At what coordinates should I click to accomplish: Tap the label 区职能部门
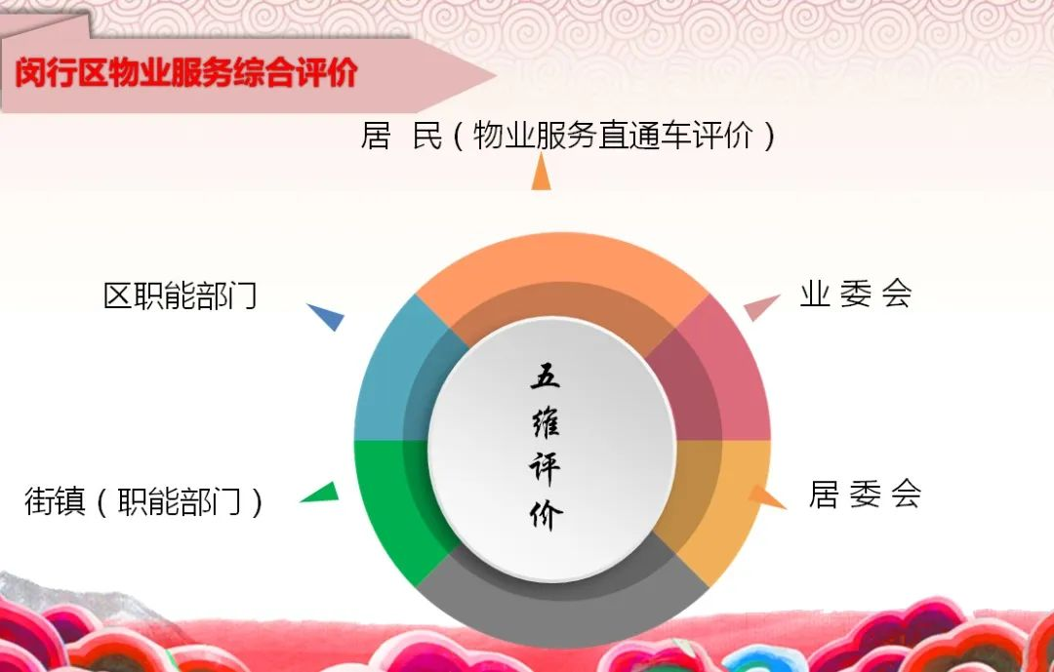point(181,296)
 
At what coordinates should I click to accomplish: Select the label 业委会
point(855,295)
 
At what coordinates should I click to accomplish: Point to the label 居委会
point(865,494)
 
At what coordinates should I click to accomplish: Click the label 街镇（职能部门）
point(144,502)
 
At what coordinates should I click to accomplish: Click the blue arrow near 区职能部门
point(327,316)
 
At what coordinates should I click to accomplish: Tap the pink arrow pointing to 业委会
point(761,307)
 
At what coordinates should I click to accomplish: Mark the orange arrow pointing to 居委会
point(766,496)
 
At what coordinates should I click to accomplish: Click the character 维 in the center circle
point(546,422)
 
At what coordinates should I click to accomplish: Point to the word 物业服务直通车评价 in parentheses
point(614,136)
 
